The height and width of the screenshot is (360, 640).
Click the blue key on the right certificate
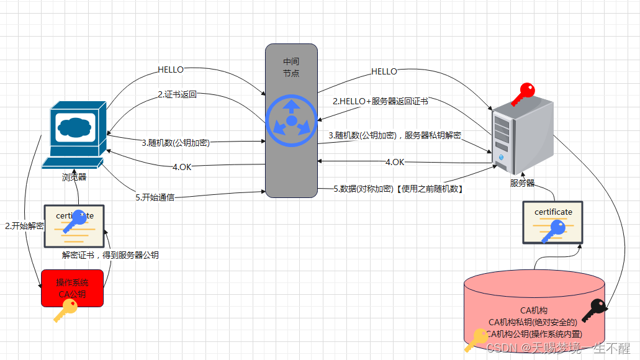[553, 232]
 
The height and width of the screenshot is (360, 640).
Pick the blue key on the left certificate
[77, 221]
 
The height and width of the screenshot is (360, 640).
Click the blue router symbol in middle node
[291, 119]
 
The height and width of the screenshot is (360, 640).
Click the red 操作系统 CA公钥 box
[72, 288]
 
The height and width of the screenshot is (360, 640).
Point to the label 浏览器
[74, 177]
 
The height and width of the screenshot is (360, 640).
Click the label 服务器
[522, 183]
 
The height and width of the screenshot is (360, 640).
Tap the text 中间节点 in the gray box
[291, 68]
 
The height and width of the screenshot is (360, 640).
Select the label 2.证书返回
[176, 95]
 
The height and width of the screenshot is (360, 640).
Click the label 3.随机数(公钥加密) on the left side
[176, 142]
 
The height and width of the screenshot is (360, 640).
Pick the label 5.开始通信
[155, 197]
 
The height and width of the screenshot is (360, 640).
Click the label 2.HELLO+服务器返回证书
[380, 101]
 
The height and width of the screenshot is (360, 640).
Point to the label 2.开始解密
[24, 226]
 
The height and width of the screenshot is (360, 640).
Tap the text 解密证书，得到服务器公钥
[110, 254]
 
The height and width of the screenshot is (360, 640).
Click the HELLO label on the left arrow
[171, 70]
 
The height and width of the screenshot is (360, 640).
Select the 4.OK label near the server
[395, 162]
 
